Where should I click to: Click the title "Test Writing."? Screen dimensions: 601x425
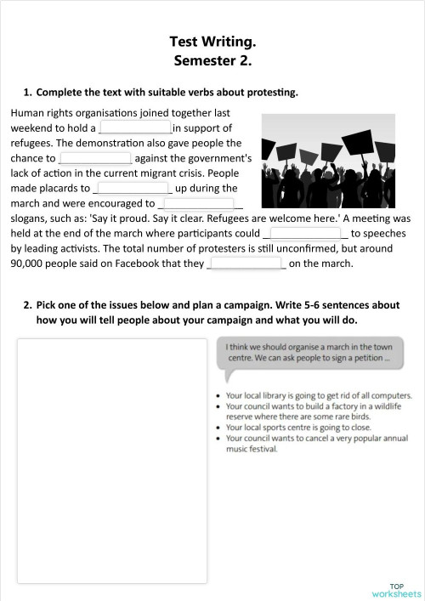212,42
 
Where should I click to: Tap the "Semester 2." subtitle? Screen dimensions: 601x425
212,60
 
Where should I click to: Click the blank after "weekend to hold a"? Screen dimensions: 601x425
136,128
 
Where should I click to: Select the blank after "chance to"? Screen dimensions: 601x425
95,158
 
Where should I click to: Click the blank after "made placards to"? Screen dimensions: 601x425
133,189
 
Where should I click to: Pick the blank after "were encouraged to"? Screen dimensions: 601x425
198,204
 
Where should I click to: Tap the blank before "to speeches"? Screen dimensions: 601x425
308,234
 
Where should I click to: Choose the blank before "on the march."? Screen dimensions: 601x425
246,264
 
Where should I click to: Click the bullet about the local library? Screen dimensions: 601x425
308,396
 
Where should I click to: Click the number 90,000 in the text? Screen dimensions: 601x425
29,264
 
